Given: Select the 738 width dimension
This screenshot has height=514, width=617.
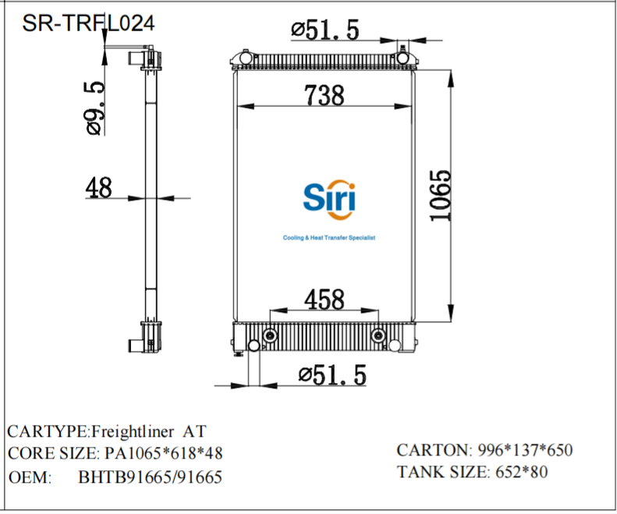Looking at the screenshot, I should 324,95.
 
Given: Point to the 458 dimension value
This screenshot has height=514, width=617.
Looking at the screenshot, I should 324,299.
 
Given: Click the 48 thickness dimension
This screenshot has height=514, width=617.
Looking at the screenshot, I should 98,187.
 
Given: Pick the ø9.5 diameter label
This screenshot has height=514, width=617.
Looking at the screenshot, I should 95,107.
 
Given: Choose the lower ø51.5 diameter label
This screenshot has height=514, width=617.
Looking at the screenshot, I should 332,375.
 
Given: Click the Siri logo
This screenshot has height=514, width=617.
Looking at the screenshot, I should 328,199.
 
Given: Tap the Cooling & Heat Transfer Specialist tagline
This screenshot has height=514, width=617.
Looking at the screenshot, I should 328,238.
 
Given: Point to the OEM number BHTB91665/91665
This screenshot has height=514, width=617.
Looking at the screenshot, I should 151,477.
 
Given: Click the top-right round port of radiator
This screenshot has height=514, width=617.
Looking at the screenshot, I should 402,58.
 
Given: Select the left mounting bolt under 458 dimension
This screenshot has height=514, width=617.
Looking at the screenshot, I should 271,335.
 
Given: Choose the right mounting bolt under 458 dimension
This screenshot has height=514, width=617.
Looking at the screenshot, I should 378,335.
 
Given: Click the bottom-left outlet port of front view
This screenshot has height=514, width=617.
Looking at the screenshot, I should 254,346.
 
